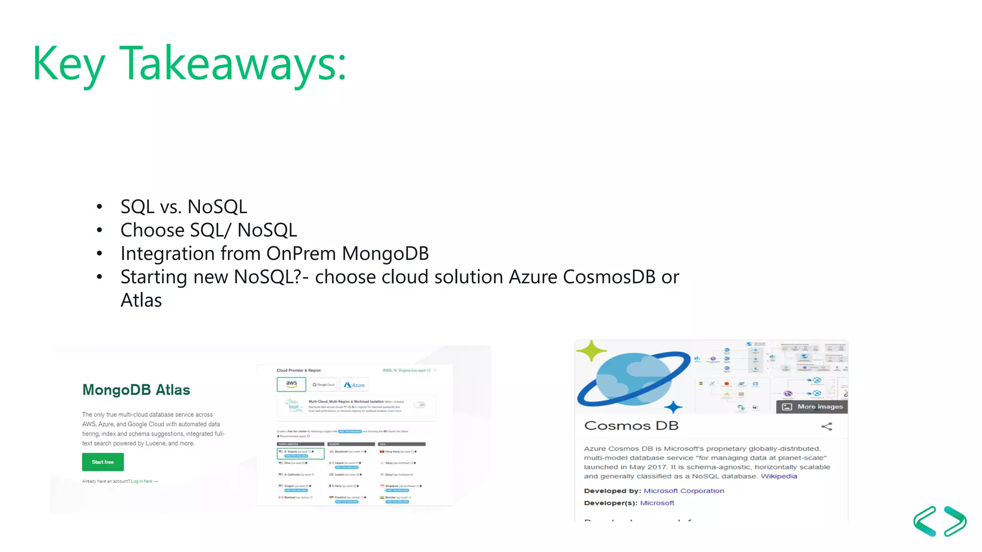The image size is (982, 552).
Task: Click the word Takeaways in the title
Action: coord(232,64)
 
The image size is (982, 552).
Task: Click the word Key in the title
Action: coord(69,64)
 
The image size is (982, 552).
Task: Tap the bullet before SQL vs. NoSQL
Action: coord(99,207)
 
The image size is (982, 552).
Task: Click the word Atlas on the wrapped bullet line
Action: coord(141,300)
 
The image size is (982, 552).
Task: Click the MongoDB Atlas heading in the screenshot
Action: coord(136,390)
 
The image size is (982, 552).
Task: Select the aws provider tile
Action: coord(292,384)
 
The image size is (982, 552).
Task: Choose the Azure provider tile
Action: coord(354,385)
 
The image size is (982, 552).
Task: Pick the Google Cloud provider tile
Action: coord(323,385)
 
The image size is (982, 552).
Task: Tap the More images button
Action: coord(812,406)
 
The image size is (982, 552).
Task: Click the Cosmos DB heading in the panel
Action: coord(631,425)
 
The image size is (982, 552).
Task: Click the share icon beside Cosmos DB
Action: coord(827,426)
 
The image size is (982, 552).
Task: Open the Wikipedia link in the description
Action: coord(779,476)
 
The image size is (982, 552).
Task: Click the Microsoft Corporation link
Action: coord(684,491)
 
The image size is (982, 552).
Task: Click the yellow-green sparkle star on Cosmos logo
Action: coord(592,351)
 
